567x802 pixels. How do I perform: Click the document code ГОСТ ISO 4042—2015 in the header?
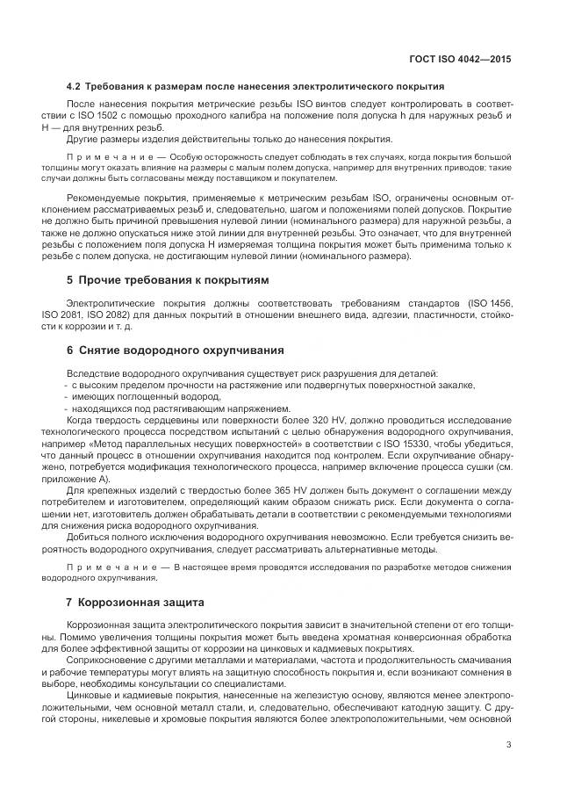pyautogui.click(x=461, y=60)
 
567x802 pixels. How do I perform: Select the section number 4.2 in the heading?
pyautogui.click(x=74, y=87)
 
